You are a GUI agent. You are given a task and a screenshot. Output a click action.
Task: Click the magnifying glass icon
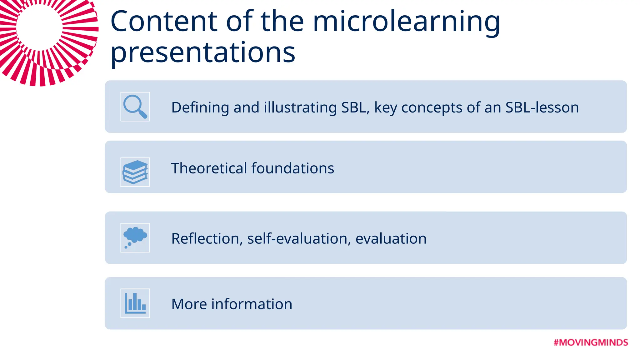point(135,106)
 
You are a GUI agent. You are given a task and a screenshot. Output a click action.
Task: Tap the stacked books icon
point(135,172)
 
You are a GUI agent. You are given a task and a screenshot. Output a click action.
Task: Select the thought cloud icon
point(135,237)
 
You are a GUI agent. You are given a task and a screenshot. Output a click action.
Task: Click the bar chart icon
point(135,303)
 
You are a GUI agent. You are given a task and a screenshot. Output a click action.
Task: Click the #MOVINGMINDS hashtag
point(591,342)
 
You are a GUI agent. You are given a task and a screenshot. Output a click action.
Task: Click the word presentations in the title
point(203,52)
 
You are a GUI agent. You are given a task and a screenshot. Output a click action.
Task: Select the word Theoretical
point(209,168)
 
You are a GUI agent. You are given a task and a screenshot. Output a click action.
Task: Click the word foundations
point(293,168)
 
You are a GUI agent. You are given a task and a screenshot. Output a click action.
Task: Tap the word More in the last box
point(189,304)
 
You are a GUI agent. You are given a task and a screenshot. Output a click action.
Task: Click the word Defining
point(200,107)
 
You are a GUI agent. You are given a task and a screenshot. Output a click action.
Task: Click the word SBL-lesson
point(542,107)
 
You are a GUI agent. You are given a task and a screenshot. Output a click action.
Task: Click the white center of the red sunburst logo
point(39,27)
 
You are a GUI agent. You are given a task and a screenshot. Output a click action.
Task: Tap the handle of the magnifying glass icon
point(143,114)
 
